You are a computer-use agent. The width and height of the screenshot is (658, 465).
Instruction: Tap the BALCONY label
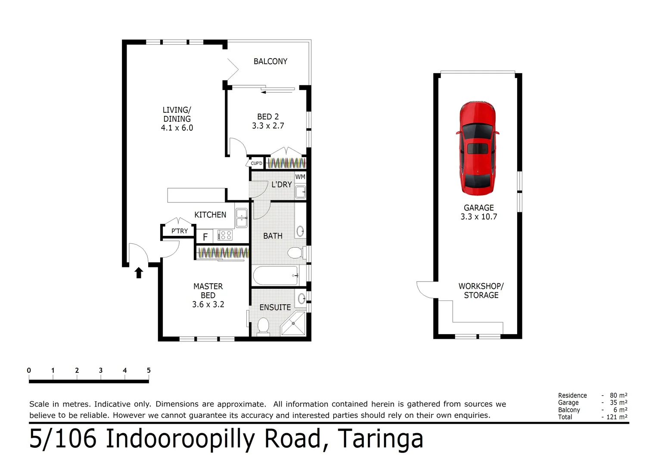tap(270, 62)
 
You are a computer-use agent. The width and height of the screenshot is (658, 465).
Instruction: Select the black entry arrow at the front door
tap(139, 273)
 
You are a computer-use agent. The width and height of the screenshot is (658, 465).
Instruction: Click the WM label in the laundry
tap(300, 177)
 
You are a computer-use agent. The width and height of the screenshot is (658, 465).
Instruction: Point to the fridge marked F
tap(205, 237)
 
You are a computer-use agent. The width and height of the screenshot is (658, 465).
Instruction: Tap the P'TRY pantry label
tap(180, 231)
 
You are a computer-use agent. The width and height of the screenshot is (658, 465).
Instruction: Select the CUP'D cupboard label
tap(257, 163)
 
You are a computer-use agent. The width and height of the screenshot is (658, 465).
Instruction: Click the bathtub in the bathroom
tap(276, 276)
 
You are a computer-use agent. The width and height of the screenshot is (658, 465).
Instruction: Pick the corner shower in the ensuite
tap(293, 324)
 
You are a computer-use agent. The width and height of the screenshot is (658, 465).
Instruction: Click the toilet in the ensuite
tap(263, 325)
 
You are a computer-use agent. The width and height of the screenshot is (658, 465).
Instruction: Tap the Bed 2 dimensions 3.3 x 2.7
tap(268, 126)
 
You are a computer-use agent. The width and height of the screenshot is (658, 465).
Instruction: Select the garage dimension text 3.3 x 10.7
tap(478, 217)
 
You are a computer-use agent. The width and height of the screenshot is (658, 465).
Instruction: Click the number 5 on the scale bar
tap(149, 370)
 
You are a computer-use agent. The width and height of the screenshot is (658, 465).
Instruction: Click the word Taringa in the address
tap(380, 439)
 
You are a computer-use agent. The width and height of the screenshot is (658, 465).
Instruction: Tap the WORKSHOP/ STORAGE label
tap(481, 291)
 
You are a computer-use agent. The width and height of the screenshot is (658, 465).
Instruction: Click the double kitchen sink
tap(241, 218)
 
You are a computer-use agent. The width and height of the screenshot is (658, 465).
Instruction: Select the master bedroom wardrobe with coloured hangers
tap(223, 253)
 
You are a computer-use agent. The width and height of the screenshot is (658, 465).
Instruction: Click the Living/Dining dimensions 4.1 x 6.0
tap(177, 128)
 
